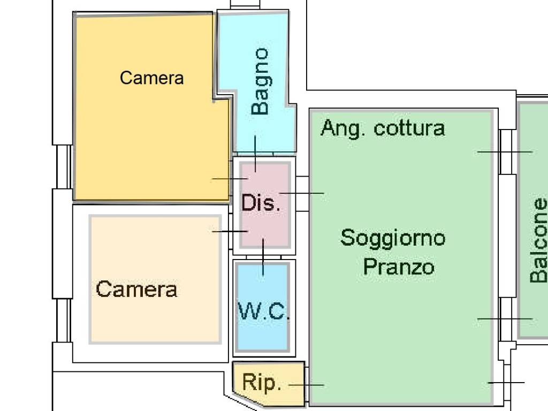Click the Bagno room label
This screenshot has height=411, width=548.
tap(261, 81)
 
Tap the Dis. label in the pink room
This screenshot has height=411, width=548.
tap(261, 202)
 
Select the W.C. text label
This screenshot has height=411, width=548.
tap(263, 310)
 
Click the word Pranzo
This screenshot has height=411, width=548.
tap(398, 267)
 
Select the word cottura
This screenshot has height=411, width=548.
tap(409, 128)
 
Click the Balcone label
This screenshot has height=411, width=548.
tap(538, 240)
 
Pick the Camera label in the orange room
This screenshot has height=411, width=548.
tap(151, 78)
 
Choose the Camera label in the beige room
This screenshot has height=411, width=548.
tap(136, 290)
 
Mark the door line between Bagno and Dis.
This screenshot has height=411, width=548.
tap(255, 154)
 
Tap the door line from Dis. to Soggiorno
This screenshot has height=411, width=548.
tap(302, 193)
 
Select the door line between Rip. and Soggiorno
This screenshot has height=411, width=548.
tap(306, 385)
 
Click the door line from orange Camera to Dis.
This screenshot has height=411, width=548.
tap(230, 179)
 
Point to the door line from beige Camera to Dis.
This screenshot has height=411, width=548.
tap(230, 231)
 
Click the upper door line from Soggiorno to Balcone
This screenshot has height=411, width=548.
tap(505, 152)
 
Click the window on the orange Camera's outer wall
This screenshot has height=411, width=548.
tap(64, 167)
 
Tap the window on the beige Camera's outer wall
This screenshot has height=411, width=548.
tap(64, 320)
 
